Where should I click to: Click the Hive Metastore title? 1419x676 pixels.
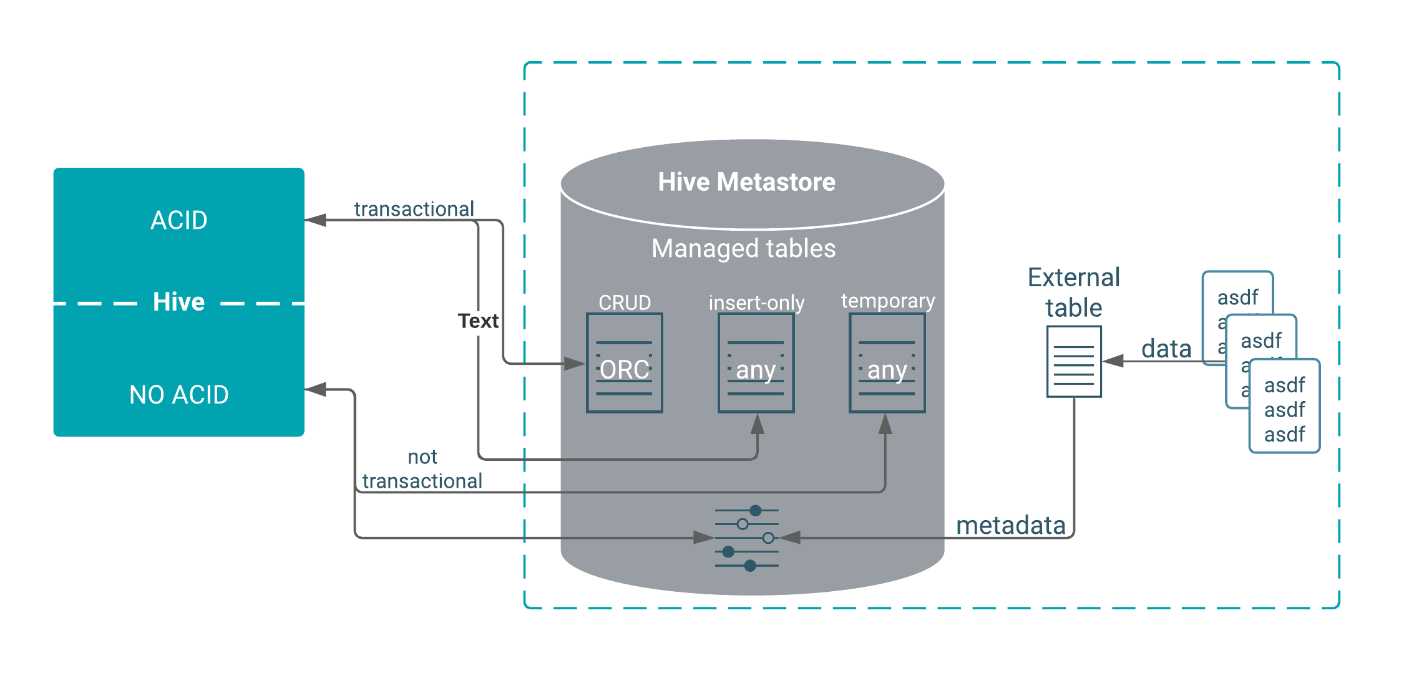coord(746,182)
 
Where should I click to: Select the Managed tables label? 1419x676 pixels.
coord(743,248)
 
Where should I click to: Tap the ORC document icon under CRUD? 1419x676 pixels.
coord(625,363)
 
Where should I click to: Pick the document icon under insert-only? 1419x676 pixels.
coord(756,363)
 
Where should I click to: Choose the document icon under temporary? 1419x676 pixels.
coord(887,363)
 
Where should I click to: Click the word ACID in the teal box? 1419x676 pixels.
coord(179,220)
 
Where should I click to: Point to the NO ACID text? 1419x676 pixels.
coord(179,395)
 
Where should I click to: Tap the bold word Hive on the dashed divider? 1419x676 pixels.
coord(179,302)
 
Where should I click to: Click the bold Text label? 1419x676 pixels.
coord(478,321)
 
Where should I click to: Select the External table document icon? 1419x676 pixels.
coord(1074,362)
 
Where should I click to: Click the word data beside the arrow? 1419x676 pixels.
coord(1166,349)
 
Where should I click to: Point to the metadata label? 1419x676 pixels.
coord(1010,525)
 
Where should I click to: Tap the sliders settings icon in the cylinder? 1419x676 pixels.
coord(747,538)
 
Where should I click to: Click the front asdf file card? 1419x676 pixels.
coord(1284,406)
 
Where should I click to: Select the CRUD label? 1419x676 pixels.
coord(625,302)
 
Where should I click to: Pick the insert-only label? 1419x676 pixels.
coord(756,302)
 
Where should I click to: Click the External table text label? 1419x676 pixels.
coord(1074,292)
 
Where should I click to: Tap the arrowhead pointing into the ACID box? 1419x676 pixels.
coord(316,220)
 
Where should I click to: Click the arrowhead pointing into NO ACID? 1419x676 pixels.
coord(316,390)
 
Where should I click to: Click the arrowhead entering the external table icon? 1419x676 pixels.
coord(1113,361)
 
